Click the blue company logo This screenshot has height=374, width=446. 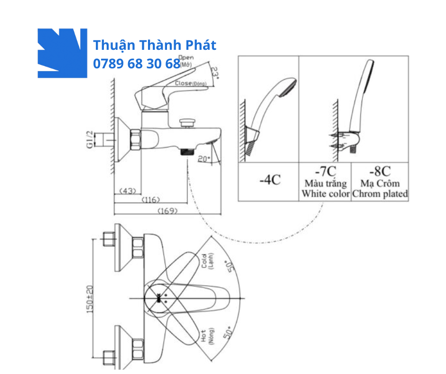pyautogui.click(x=62, y=53)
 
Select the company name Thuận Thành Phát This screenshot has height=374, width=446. pyautogui.click(x=155, y=46)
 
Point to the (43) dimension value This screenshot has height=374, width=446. pyautogui.click(x=127, y=191)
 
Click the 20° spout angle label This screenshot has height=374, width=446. pyautogui.click(x=204, y=159)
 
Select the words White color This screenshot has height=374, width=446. pyautogui.click(x=325, y=194)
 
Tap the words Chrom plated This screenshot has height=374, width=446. pyautogui.click(x=380, y=194)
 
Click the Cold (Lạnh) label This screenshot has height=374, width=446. pyautogui.click(x=207, y=261)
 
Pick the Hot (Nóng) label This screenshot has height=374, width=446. pyautogui.click(x=207, y=337)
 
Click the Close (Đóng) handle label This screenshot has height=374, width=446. pyautogui.click(x=190, y=83)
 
